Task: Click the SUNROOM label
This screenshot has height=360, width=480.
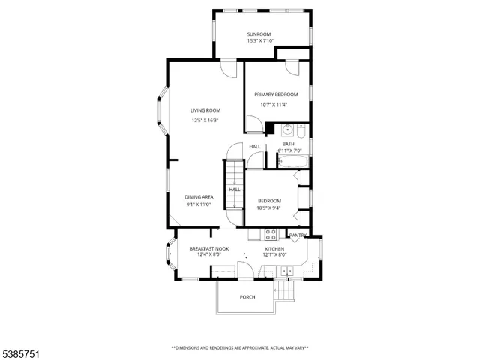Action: pyautogui.click(x=260, y=34)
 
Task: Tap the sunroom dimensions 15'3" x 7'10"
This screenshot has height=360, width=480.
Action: pyautogui.click(x=260, y=41)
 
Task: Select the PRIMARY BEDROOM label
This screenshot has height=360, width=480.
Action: pyautogui.click(x=276, y=94)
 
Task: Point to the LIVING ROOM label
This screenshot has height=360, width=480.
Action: pyautogui.click(x=205, y=110)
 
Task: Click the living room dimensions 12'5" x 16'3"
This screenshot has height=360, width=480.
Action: pyautogui.click(x=205, y=120)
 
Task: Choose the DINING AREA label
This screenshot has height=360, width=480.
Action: pyautogui.click(x=199, y=197)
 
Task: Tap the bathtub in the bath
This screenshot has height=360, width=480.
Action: pyautogui.click(x=292, y=162)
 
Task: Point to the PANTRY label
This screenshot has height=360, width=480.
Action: pyautogui.click(x=298, y=235)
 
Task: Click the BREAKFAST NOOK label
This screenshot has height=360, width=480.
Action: pyautogui.click(x=208, y=248)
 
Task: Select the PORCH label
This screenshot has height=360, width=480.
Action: pyautogui.click(x=247, y=297)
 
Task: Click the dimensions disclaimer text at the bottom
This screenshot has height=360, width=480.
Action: pyautogui.click(x=240, y=347)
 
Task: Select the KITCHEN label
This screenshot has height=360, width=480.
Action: pyautogui.click(x=274, y=248)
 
